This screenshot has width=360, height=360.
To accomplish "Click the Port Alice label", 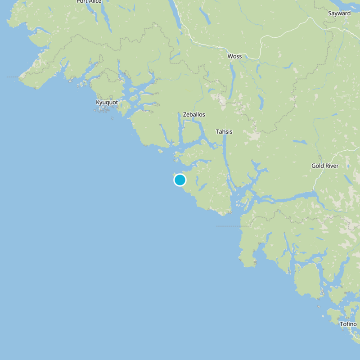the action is pyautogui.click(x=89, y=1).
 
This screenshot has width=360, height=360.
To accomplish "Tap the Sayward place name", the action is pyautogui.click(x=339, y=13).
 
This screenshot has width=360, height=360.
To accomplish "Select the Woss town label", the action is pyautogui.click(x=234, y=56).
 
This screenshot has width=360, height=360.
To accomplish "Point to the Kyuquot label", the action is pyautogui.click(x=107, y=102).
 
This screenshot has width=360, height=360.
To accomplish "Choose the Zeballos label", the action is pyautogui.click(x=194, y=114).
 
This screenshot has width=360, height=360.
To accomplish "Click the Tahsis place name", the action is pyautogui.click(x=224, y=131).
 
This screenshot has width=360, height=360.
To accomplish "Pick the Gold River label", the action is pyautogui.click(x=325, y=166).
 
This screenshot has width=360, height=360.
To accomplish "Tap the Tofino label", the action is pyautogui.click(x=348, y=324).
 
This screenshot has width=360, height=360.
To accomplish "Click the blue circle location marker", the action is pyautogui.click(x=180, y=180).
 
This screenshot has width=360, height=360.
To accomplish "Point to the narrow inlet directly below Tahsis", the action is pyautogui.click(x=225, y=153).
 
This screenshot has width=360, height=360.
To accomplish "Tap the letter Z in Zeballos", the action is pyautogui.click(x=185, y=114).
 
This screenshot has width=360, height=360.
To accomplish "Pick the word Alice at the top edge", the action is pyautogui.click(x=95, y=1).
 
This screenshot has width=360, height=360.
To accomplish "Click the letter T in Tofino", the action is pyautogui.click(x=342, y=324).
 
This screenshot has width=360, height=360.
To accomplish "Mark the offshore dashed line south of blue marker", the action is pyautogui.click(x=227, y=226).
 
